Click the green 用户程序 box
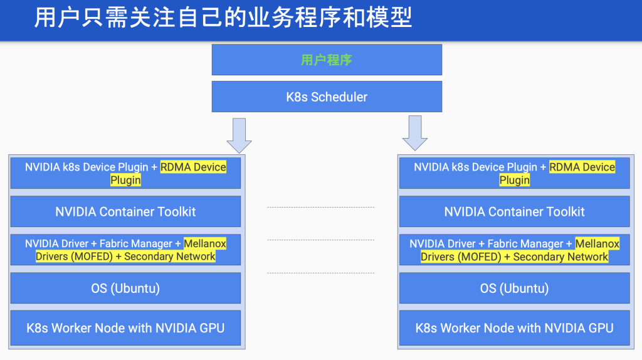click(327, 60)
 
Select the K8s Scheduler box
click(327, 97)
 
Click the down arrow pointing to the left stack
click(239, 135)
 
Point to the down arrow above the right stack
click(415, 133)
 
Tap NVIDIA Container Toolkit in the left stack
click(125, 211)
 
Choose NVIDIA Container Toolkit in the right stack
click(514, 211)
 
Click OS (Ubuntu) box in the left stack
click(125, 288)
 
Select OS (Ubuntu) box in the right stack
click(514, 288)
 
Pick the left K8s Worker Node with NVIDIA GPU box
click(125, 327)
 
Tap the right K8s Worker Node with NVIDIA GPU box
click(514, 327)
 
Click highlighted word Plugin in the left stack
click(125, 180)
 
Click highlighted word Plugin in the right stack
click(515, 180)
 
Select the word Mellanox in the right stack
click(597, 244)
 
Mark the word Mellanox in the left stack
click(205, 244)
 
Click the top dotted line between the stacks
click(320, 207)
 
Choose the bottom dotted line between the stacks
click(320, 273)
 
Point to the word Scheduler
click(339, 97)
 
